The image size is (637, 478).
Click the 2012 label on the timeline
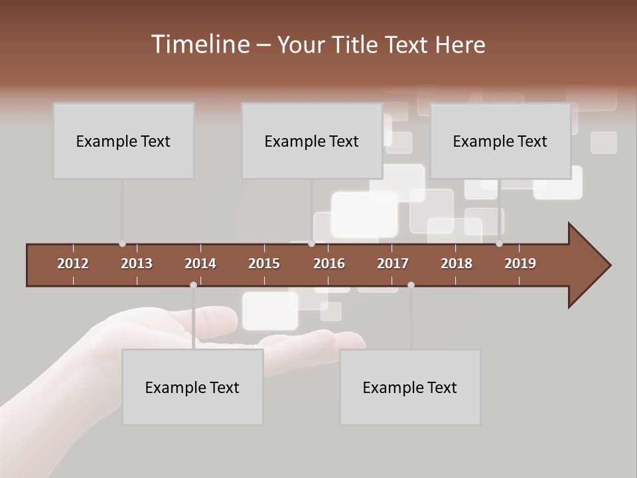(73, 264)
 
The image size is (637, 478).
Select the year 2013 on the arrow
(137, 264)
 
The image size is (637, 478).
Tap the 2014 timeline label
(200, 264)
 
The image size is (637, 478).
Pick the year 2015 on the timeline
(264, 264)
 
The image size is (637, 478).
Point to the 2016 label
(329, 264)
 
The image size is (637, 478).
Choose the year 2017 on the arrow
(393, 264)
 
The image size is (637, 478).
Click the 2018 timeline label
(457, 264)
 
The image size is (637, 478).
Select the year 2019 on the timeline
(520, 264)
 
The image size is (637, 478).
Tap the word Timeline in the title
(200, 44)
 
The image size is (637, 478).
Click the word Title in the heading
(355, 45)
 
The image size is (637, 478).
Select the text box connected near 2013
(123, 141)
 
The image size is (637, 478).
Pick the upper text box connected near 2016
(312, 141)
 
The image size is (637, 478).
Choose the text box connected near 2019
(500, 141)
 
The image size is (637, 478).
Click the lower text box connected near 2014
(192, 387)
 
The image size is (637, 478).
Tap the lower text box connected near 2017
(410, 387)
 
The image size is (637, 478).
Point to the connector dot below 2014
(193, 285)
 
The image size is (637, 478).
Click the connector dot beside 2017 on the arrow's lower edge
(411, 285)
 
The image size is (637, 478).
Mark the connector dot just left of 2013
(122, 244)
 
